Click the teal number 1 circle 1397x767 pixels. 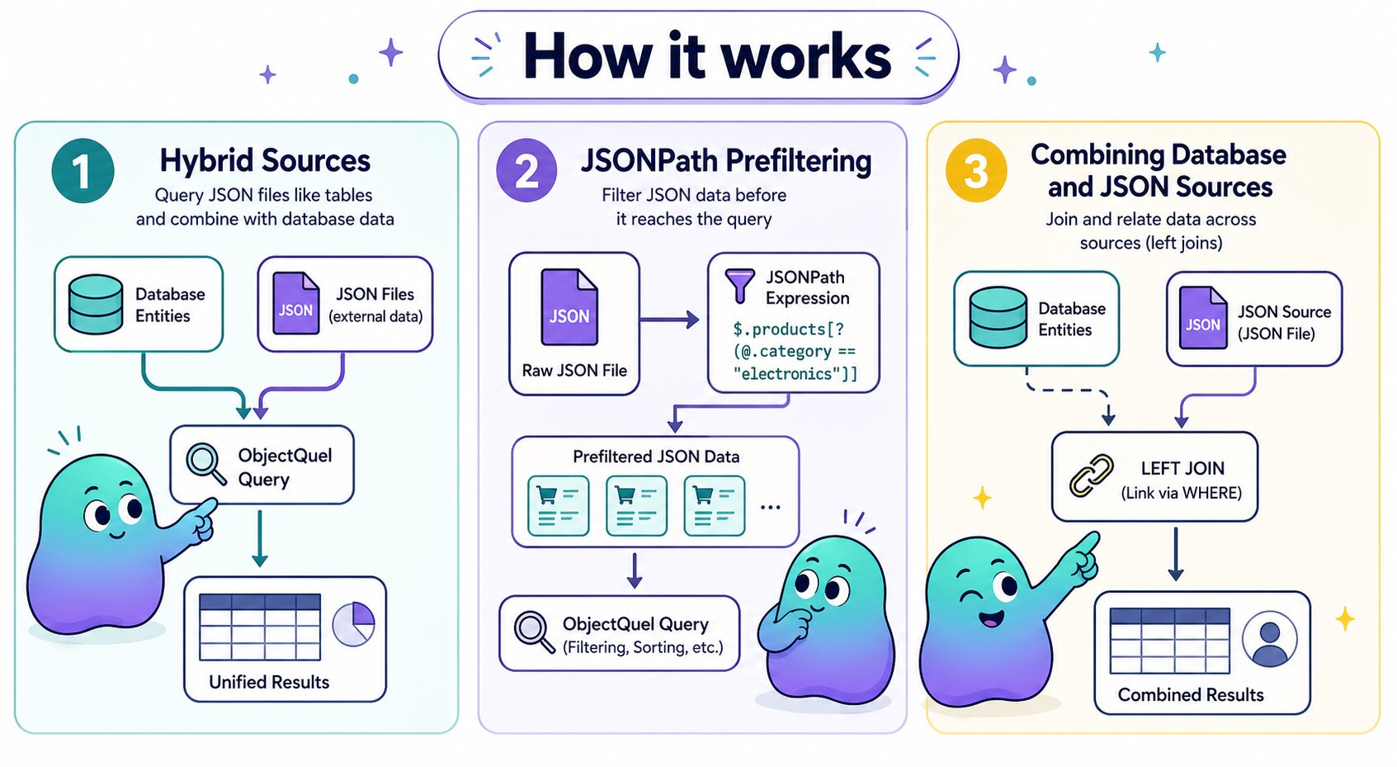(83, 171)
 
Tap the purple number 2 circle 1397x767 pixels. (527, 170)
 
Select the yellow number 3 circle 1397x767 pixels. (976, 170)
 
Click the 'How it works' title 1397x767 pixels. (706, 56)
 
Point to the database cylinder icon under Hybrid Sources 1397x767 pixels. (96, 305)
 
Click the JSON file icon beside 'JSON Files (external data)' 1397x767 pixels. (295, 304)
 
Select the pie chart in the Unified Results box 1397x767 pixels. (354, 624)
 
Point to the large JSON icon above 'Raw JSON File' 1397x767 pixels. (569, 307)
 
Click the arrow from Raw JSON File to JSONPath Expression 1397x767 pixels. (669, 320)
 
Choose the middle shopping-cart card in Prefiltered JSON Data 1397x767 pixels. (636, 505)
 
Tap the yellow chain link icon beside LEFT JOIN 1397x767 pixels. (1091, 476)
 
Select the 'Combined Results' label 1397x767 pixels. (1191, 694)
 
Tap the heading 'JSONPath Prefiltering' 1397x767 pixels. (727, 160)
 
